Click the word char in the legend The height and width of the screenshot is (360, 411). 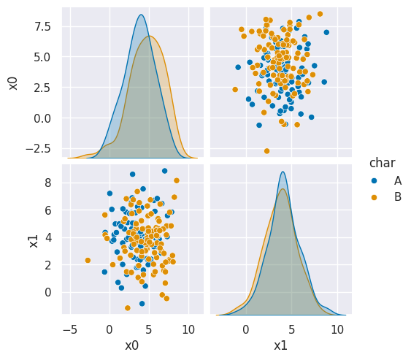(383, 162)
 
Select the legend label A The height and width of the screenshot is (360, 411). (398, 180)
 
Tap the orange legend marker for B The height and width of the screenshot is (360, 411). (377, 196)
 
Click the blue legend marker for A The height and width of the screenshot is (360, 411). (377, 180)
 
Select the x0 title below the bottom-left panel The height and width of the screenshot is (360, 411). (131, 345)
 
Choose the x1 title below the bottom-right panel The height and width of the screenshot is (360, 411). (280, 345)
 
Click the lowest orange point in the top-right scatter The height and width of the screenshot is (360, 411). (266, 150)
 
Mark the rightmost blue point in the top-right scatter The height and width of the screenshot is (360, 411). (326, 32)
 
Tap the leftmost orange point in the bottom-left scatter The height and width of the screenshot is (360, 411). (88, 260)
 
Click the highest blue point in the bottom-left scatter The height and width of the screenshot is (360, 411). (164, 171)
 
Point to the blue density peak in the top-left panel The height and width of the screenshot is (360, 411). (141, 15)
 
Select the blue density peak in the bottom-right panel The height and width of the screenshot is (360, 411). (283, 172)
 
